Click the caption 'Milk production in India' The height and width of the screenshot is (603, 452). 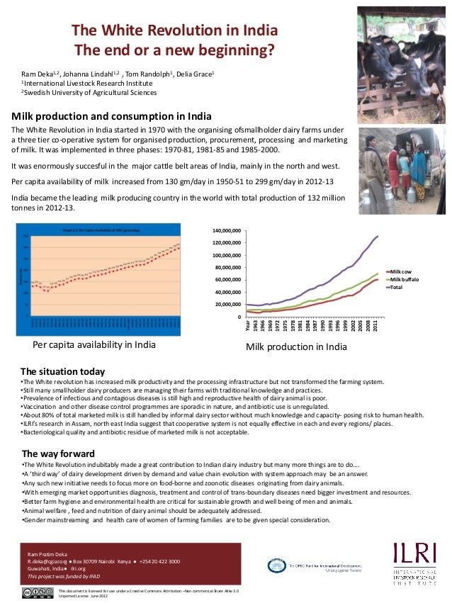(295, 347)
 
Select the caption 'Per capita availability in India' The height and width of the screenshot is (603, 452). (94, 345)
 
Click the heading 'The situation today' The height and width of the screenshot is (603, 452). (63, 371)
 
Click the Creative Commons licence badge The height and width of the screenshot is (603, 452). (38, 593)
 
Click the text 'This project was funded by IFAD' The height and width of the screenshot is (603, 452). (63, 577)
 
